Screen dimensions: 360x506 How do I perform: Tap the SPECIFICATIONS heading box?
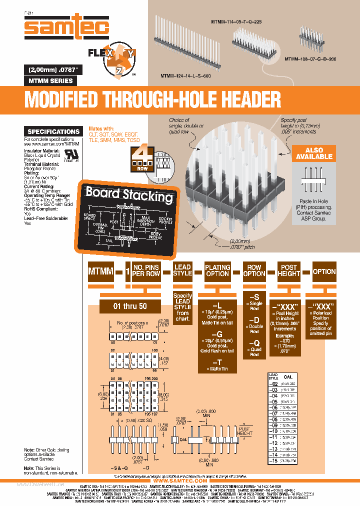[x=53, y=132]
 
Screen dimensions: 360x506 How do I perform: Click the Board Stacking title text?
[x=129, y=194]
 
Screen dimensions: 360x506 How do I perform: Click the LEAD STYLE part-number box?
[x=182, y=270]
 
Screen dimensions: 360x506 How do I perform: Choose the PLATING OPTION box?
[x=217, y=271]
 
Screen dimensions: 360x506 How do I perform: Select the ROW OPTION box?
[x=254, y=271]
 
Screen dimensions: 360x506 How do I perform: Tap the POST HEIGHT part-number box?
[x=288, y=271]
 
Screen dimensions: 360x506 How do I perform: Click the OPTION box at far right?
[x=324, y=271]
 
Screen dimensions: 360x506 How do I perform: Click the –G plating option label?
[x=217, y=334]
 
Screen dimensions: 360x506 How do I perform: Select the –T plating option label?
[x=217, y=361]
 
